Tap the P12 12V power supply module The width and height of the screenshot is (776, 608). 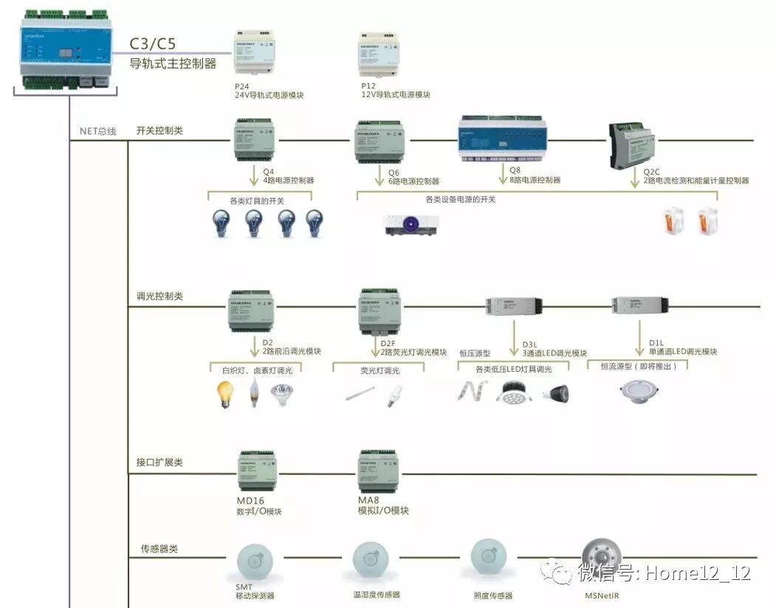[379, 55]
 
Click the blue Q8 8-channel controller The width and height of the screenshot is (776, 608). [504, 138]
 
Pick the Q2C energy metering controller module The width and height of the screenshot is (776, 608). [631, 145]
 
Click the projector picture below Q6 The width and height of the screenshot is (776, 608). [411, 224]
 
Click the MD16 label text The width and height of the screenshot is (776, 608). [251, 500]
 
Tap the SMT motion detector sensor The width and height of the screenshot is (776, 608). [255, 563]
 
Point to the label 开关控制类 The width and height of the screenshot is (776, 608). [159, 131]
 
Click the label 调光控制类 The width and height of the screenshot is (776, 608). [159, 296]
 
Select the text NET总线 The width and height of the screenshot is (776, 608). [97, 131]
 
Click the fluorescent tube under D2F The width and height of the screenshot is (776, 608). [360, 395]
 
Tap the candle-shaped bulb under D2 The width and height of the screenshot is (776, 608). [255, 394]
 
